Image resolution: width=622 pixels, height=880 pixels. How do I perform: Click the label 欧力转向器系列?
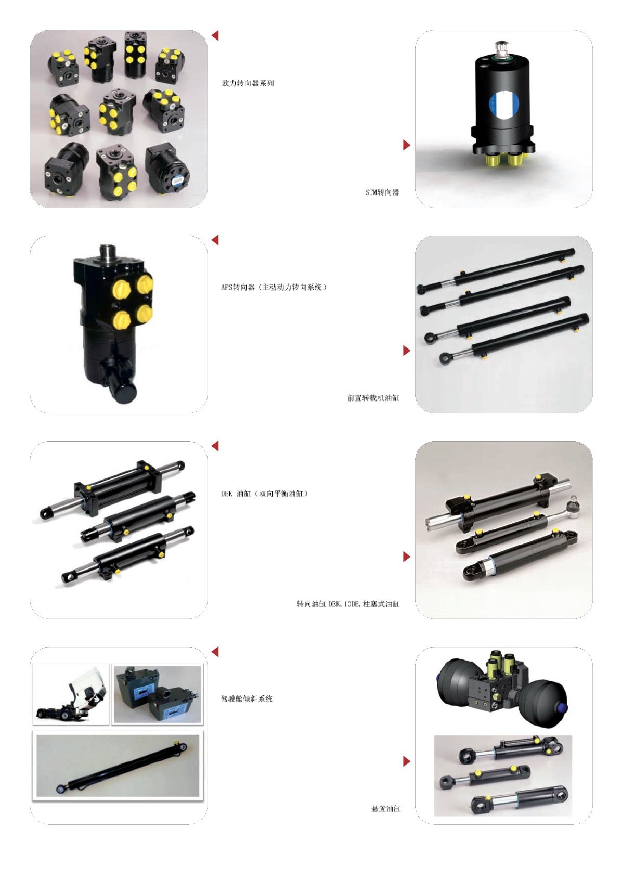(248, 83)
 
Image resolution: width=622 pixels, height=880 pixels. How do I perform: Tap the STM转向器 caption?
(382, 192)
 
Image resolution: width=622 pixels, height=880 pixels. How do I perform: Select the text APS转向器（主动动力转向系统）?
(274, 287)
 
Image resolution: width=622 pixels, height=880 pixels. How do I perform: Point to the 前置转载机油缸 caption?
(373, 398)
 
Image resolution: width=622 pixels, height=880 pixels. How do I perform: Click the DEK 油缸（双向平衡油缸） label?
(264, 494)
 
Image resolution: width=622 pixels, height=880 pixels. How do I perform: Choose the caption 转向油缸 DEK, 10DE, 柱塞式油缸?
(348, 604)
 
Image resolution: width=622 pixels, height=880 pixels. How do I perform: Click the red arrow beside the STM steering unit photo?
(407, 145)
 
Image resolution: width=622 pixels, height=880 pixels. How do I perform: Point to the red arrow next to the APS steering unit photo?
(215, 240)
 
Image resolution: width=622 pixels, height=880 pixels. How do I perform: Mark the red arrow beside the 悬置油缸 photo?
(407, 761)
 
